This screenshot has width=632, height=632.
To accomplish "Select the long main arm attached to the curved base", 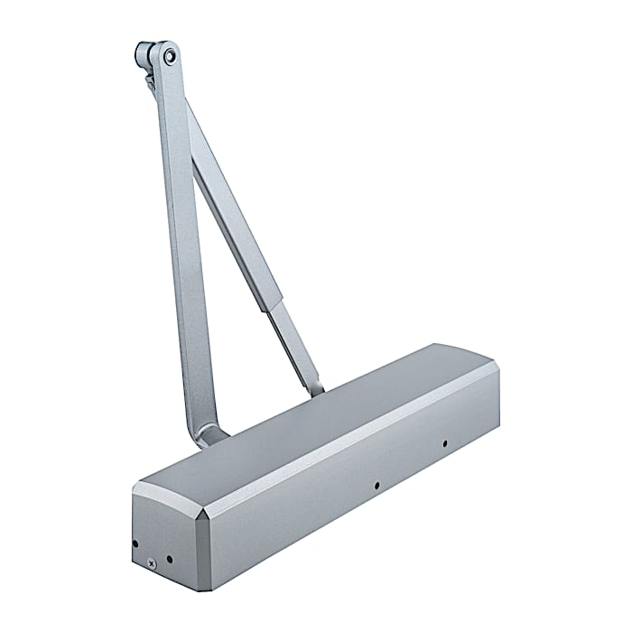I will [x=185, y=253].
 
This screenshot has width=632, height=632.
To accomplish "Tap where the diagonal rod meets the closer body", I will [x=316, y=390].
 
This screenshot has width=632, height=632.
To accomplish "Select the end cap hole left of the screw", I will [x=135, y=544].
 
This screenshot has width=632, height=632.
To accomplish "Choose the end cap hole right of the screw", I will [x=170, y=559].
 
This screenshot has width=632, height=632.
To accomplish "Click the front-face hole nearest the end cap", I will [x=375, y=486].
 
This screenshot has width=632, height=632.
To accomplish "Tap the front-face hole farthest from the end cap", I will [x=444, y=443].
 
